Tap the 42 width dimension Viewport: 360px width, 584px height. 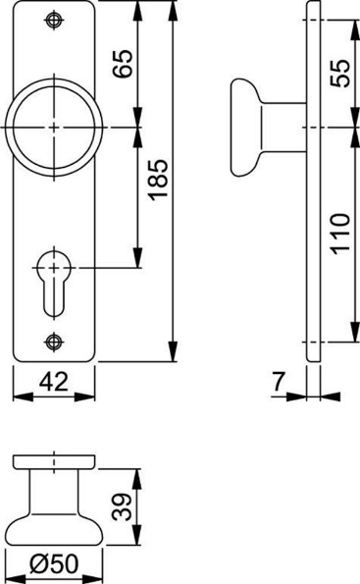click(54, 382)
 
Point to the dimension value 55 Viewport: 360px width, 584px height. click(339, 73)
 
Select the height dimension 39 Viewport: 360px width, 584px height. click(121, 506)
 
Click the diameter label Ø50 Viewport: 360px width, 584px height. click(55, 564)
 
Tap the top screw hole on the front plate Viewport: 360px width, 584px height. click(54, 22)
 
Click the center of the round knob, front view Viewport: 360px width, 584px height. click(54, 128)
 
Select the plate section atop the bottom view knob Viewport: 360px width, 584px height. click(55, 461)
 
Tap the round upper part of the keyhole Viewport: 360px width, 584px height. click(54, 264)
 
